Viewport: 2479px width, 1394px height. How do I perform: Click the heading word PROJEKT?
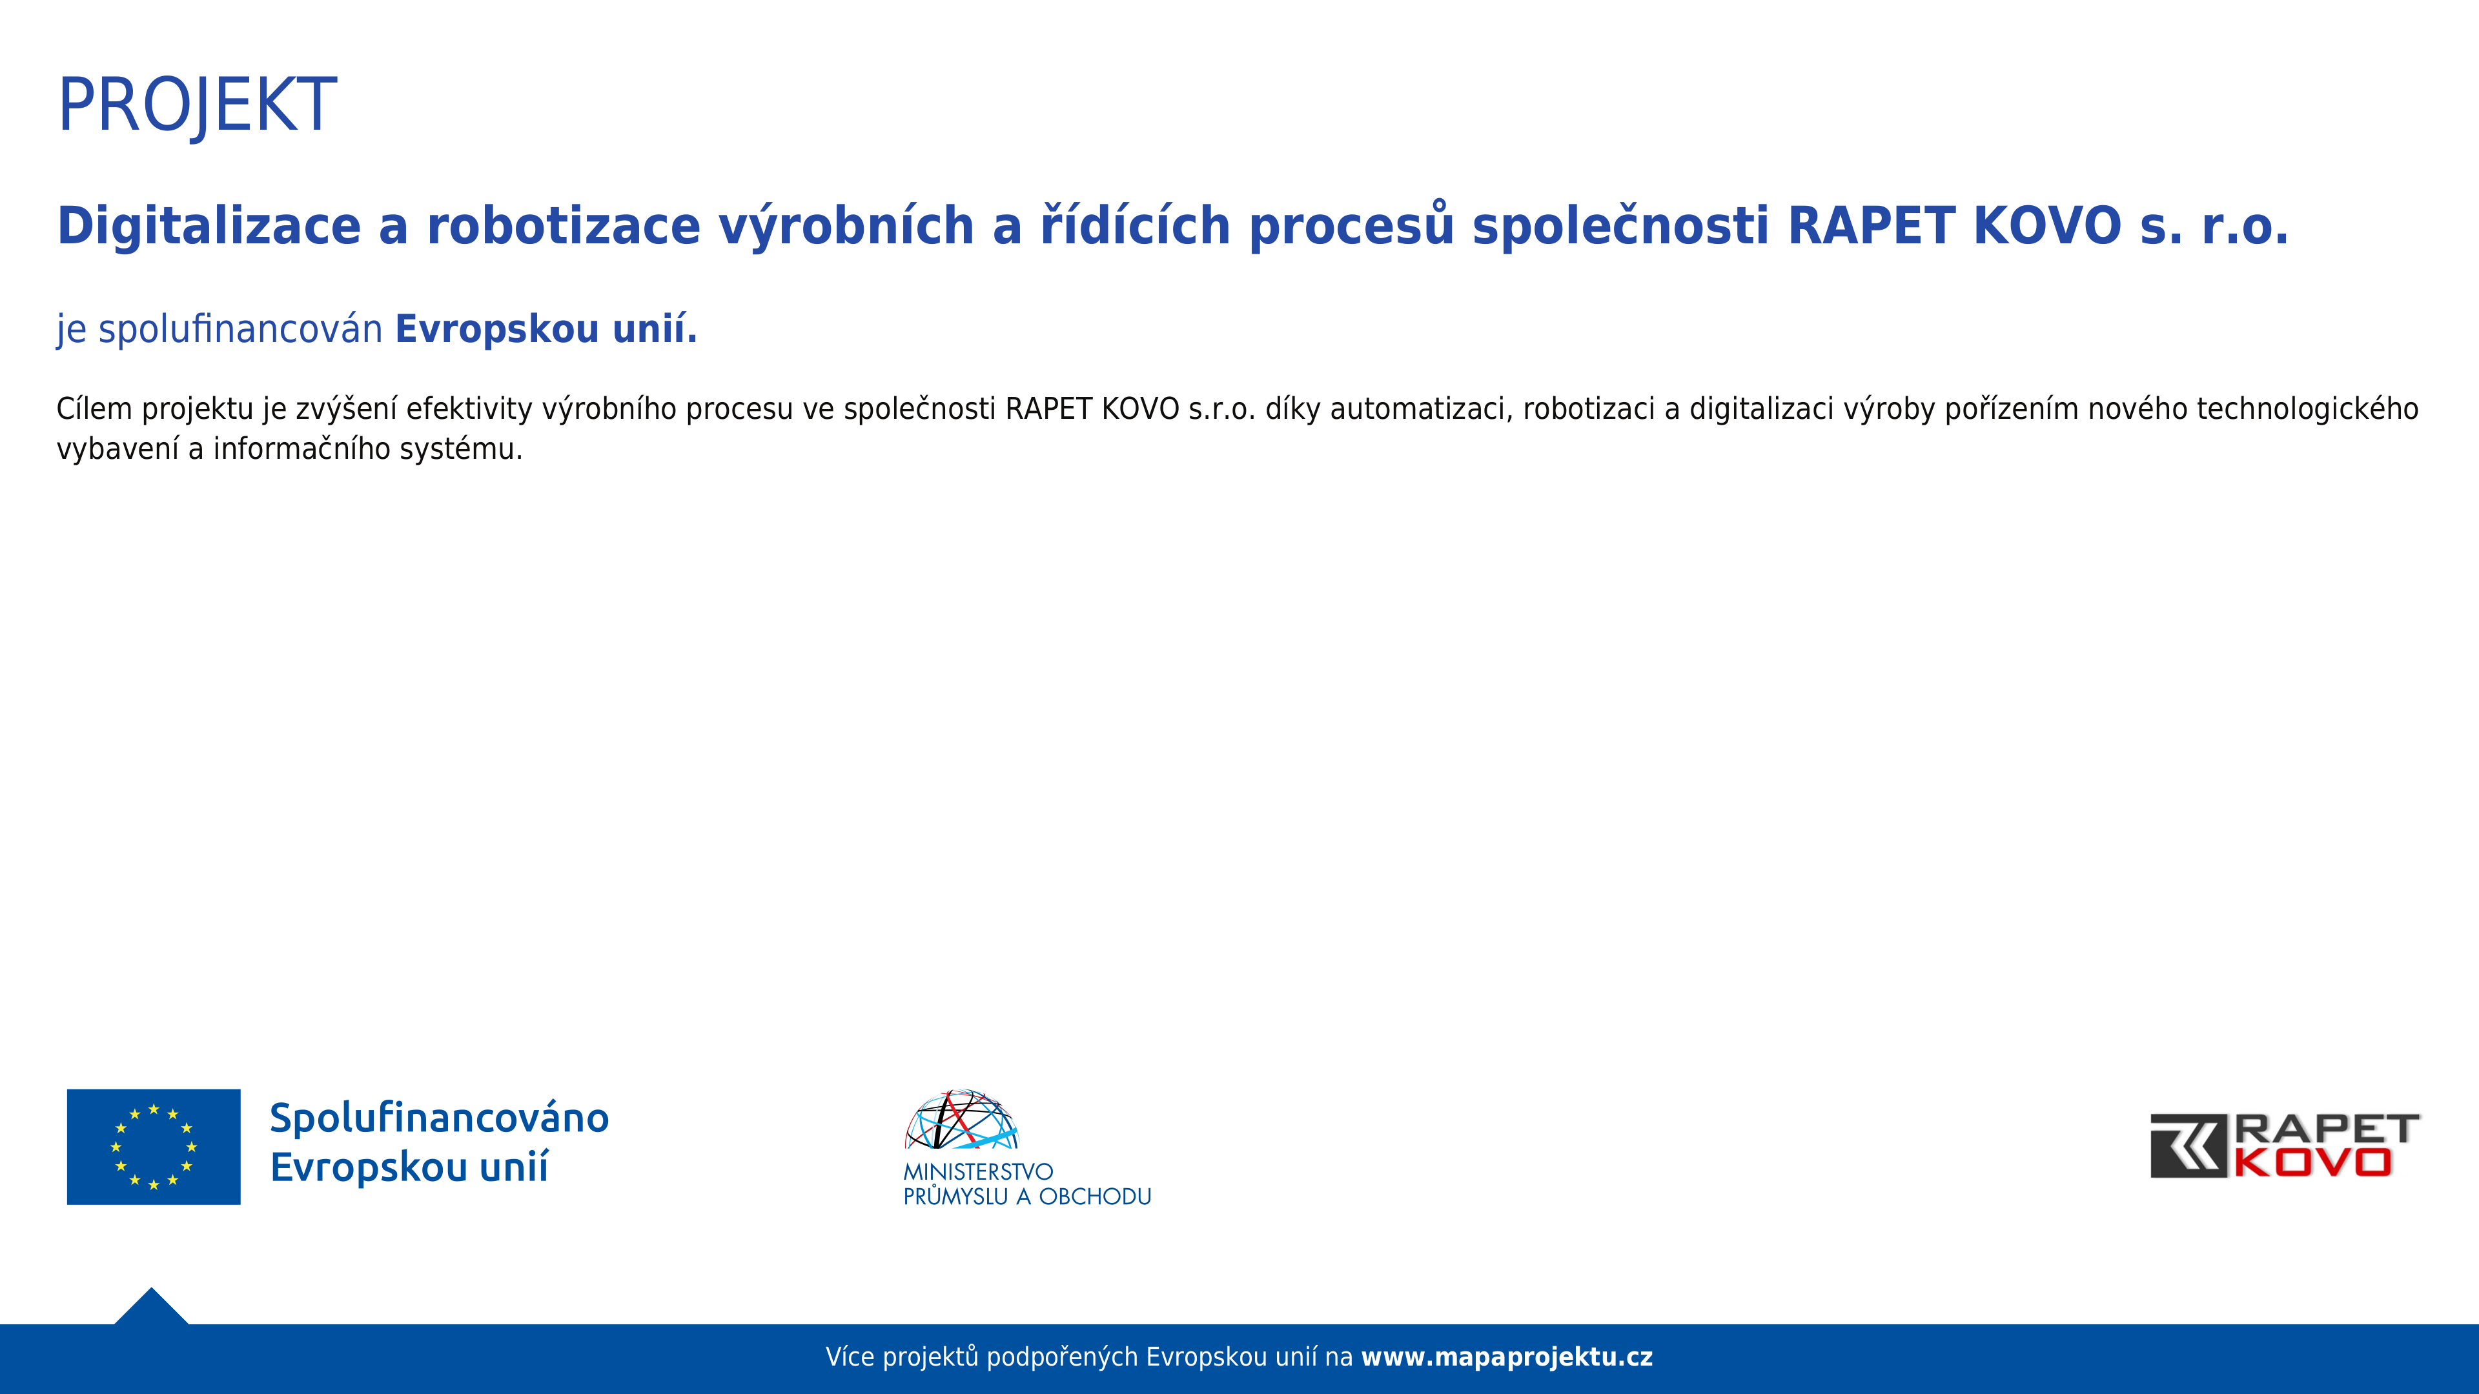pos(198,106)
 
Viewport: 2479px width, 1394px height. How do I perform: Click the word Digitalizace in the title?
pos(209,227)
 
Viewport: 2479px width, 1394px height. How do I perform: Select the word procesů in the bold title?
pos(1351,227)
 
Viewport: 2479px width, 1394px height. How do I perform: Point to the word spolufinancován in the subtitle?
pos(241,329)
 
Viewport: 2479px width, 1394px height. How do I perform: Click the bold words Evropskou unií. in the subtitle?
pos(546,329)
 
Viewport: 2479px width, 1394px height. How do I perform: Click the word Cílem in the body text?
pos(94,409)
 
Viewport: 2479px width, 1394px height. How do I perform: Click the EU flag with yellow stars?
pos(154,1147)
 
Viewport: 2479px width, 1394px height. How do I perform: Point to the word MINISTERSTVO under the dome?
pos(978,1172)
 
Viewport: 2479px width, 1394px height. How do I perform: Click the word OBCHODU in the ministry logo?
pos(1095,1197)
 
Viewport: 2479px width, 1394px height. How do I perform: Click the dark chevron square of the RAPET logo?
pos(2188,1146)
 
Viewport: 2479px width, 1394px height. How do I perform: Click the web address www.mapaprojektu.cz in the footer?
pos(1507,1357)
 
